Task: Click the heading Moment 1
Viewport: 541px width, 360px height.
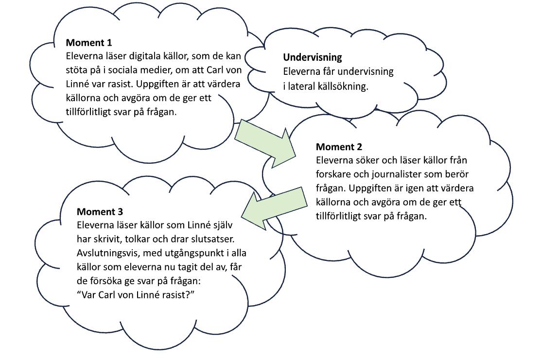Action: (x=89, y=43)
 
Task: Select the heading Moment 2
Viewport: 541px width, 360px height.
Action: (x=339, y=147)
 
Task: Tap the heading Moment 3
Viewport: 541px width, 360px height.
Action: (x=100, y=212)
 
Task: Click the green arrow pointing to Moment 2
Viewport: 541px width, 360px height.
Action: (x=266, y=143)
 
